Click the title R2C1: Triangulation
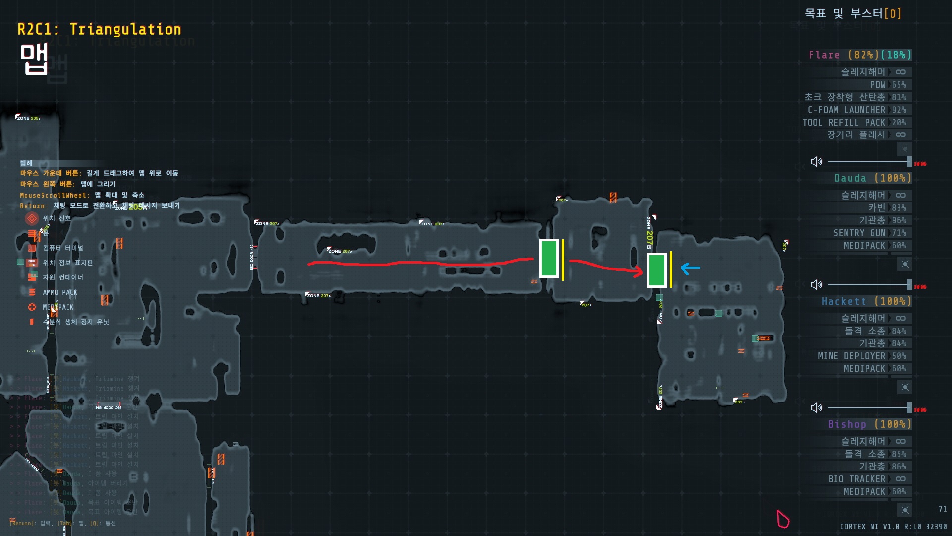(99, 30)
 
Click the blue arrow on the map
(690, 268)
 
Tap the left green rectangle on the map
(549, 258)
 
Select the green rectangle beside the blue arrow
(656, 270)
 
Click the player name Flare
(824, 55)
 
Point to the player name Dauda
(850, 178)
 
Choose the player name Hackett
(843, 301)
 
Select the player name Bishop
(846, 424)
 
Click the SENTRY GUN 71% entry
(870, 233)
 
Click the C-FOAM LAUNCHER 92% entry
(857, 110)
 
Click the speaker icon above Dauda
(816, 162)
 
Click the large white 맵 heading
(34, 59)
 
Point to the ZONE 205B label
(28, 118)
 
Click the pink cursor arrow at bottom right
(782, 519)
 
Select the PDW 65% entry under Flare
(888, 85)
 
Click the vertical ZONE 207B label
(649, 233)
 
